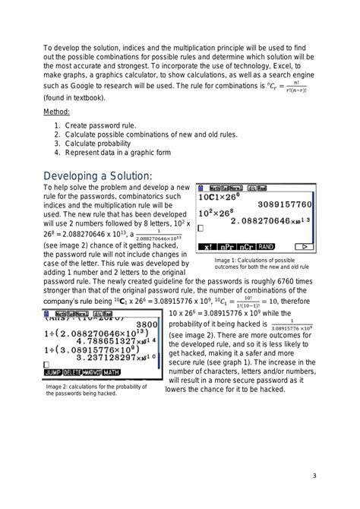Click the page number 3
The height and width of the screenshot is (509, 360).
point(314,476)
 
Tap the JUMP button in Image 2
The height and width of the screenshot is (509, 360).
point(53,372)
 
